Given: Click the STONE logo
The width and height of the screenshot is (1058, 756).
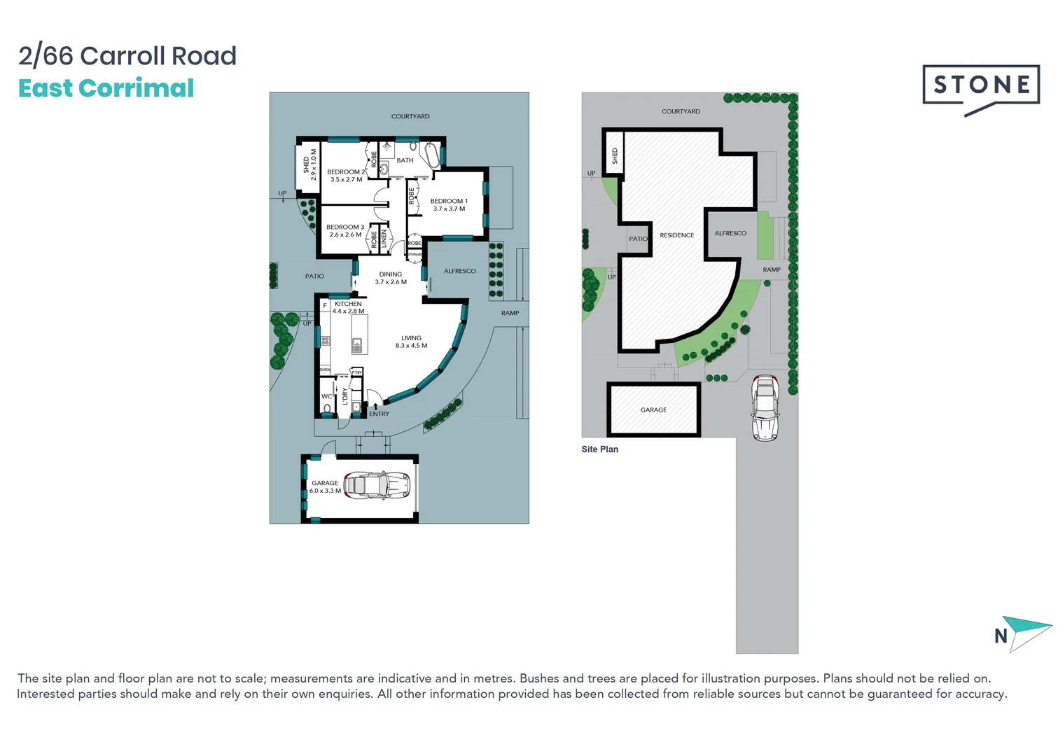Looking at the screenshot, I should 980,85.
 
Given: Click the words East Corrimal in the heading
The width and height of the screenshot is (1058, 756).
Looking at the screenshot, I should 106,88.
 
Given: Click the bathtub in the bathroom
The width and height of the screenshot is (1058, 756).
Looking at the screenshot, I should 431,154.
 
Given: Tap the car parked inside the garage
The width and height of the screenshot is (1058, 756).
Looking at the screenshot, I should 377,484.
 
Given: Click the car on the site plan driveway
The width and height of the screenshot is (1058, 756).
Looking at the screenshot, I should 765,407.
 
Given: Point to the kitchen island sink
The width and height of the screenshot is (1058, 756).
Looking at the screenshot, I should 357,344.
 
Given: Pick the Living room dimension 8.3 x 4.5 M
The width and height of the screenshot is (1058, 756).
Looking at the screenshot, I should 411,346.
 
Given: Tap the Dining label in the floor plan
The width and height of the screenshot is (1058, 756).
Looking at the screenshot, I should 391,274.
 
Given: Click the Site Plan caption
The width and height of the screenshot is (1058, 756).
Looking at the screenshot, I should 599,449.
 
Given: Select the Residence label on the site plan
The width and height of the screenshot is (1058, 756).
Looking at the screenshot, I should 676,235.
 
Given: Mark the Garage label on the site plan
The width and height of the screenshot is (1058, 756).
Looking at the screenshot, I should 653,409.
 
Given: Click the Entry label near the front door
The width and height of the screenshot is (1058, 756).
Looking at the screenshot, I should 379,414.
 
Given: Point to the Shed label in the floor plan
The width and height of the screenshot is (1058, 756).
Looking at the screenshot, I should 306,164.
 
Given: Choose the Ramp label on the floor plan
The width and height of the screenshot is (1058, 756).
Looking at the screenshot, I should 510,313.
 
